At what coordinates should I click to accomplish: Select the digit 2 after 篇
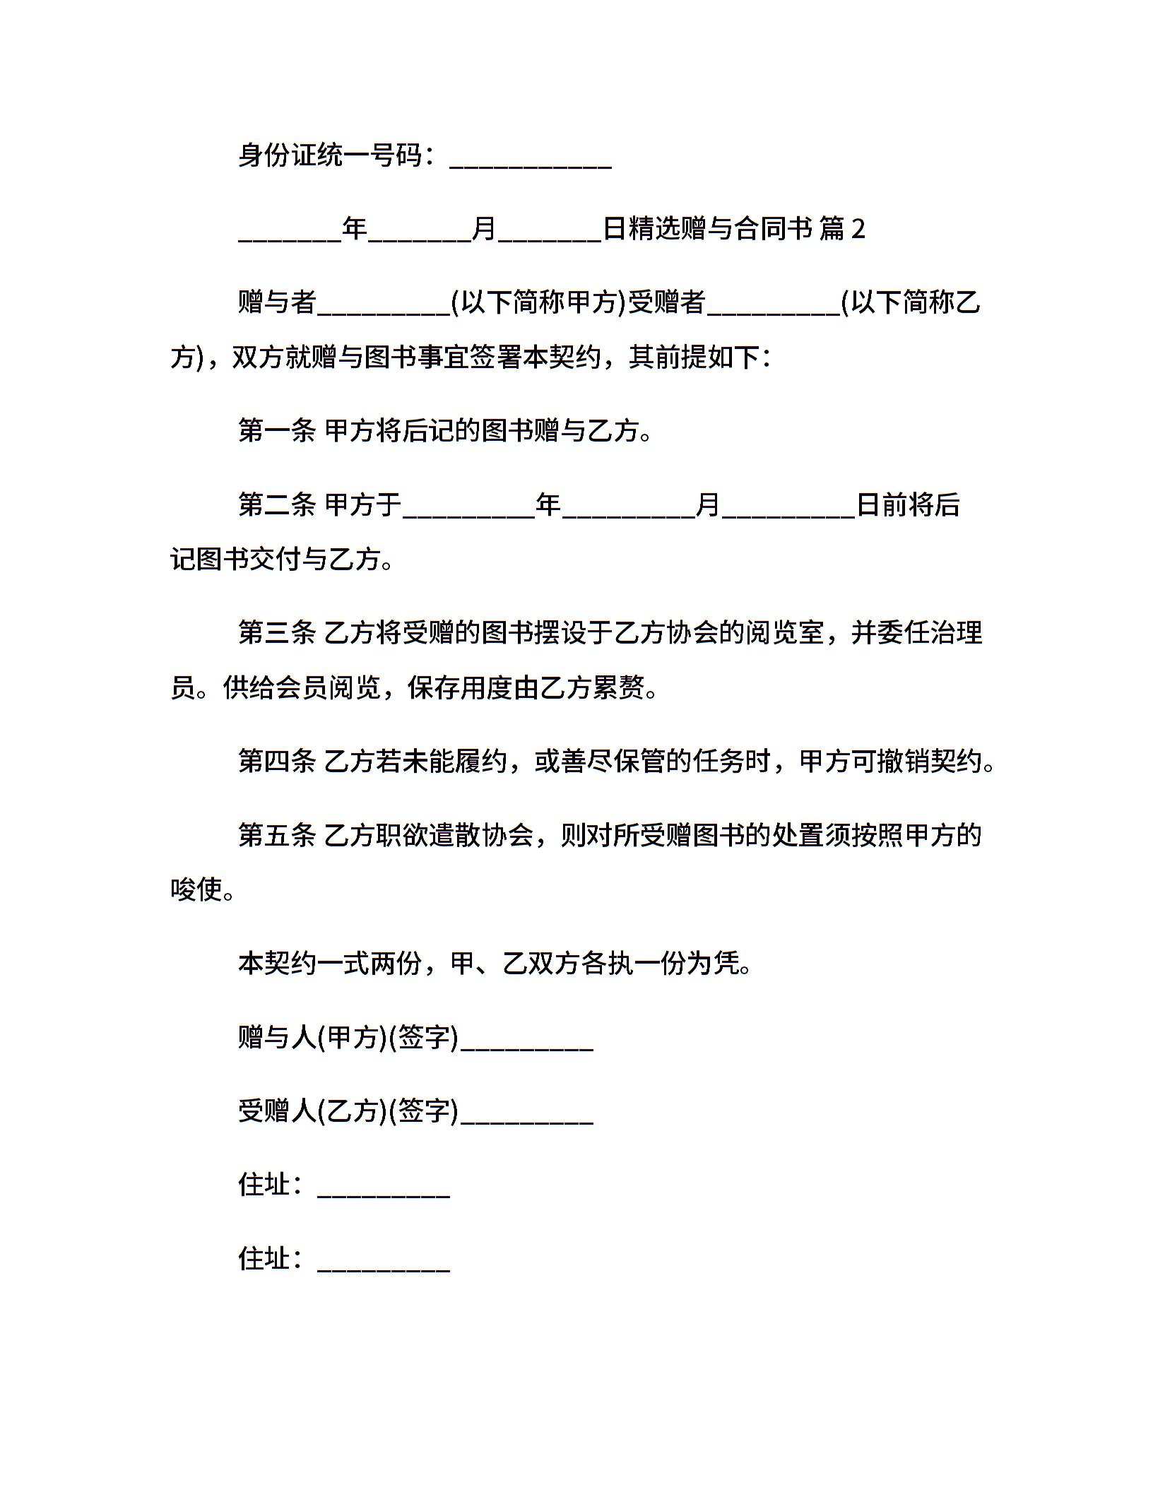tap(858, 229)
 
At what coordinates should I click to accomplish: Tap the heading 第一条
tap(276, 430)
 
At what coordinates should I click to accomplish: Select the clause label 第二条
tap(276, 504)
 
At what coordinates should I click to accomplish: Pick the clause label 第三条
tap(276, 632)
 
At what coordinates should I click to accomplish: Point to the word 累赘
tap(618, 687)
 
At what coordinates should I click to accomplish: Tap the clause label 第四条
tap(276, 761)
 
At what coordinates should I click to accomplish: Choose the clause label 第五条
tap(276, 835)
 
